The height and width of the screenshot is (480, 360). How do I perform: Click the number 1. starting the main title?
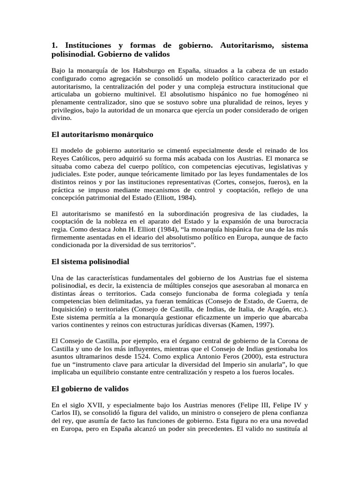54,45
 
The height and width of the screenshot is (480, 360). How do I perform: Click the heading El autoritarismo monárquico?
102,135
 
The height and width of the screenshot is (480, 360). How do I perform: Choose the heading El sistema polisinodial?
90,261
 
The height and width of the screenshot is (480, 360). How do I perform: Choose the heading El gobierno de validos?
90,389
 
